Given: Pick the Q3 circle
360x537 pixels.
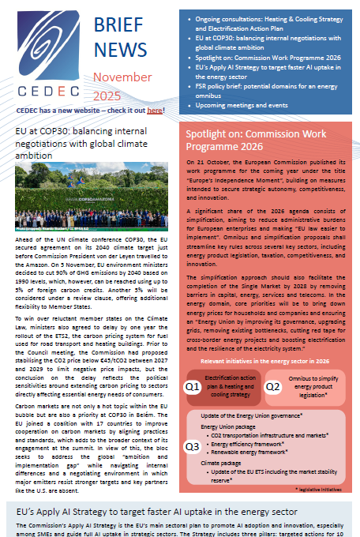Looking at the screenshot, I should [192, 446].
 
